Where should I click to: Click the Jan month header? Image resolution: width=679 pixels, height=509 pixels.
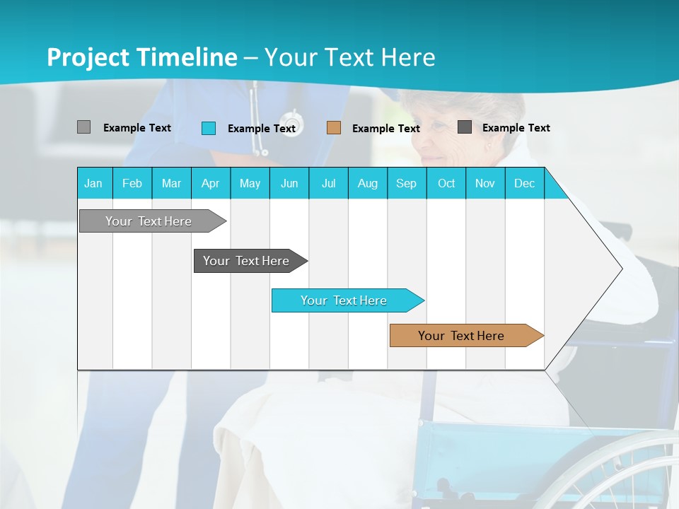(x=94, y=183)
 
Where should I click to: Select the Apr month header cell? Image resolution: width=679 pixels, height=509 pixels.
(x=211, y=183)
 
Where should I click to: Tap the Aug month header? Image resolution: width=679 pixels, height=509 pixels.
(x=368, y=183)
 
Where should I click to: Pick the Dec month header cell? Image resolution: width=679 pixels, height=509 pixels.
(x=525, y=183)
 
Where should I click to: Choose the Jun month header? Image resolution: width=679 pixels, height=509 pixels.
(x=289, y=183)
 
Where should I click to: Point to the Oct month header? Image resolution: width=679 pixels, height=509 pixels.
(x=446, y=183)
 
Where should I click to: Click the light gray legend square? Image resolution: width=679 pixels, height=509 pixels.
(x=83, y=127)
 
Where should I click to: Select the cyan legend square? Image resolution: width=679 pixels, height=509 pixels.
(x=209, y=128)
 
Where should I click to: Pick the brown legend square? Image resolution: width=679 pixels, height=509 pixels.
(x=334, y=128)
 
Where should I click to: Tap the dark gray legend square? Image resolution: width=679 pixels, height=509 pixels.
(x=465, y=127)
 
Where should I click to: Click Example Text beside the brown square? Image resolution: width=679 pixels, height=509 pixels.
(x=386, y=129)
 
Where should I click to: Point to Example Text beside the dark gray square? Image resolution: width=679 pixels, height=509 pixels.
(x=516, y=128)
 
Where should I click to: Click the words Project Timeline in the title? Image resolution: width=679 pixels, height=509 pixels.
(x=142, y=57)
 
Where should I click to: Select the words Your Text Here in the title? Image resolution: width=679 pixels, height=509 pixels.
(x=350, y=57)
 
